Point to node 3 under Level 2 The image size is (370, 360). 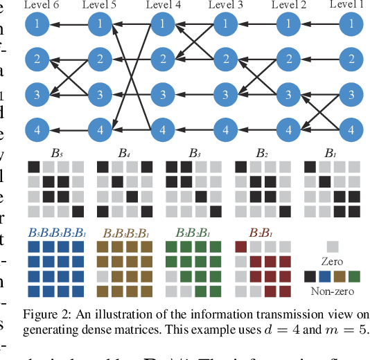point(288,94)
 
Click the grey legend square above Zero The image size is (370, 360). point(333,246)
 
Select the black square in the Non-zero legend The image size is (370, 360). point(310,276)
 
